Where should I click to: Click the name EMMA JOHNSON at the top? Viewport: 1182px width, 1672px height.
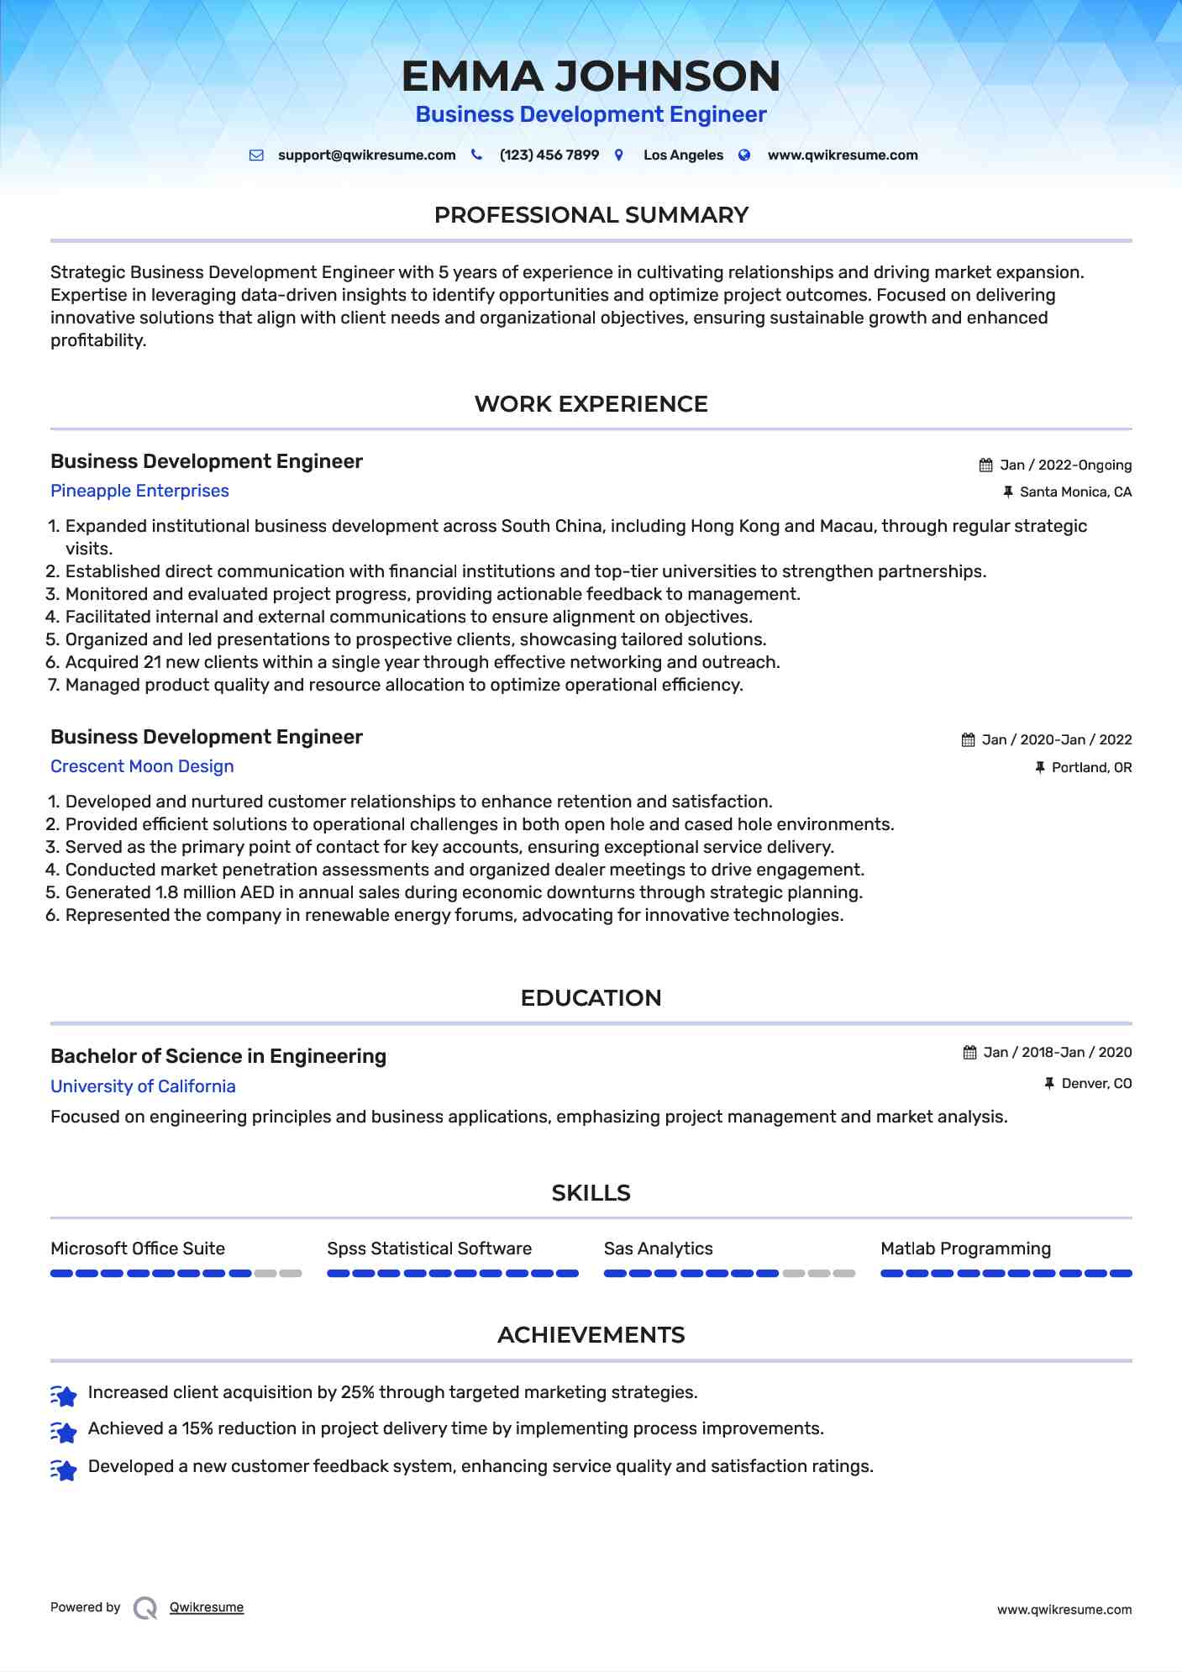(591, 76)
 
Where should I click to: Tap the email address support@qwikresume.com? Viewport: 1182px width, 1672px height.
(366, 155)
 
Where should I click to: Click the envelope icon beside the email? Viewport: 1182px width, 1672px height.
(257, 155)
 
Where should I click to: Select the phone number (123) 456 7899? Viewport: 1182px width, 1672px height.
(549, 155)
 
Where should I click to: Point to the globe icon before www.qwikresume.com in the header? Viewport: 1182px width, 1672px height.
(744, 155)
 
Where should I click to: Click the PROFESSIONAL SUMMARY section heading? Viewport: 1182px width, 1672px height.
(591, 215)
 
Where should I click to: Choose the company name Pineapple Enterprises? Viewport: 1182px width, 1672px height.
(139, 491)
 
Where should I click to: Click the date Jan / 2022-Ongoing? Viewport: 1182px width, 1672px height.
(1065, 465)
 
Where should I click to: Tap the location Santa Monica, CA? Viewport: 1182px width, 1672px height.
(1075, 492)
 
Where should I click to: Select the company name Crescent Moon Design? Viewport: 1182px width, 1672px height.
(142, 766)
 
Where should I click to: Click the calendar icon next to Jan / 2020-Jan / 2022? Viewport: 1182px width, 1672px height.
(968, 740)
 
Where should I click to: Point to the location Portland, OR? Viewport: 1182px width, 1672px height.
(1091, 768)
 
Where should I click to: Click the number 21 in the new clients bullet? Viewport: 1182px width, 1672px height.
(152, 662)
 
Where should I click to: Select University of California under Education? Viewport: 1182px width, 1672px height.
(143, 1086)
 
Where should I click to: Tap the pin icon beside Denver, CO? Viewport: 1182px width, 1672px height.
(1049, 1084)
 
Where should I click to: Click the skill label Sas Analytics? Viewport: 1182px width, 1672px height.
(658, 1249)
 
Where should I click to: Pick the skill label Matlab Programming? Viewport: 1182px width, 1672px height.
(965, 1249)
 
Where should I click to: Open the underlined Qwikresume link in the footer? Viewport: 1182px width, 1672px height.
(207, 1607)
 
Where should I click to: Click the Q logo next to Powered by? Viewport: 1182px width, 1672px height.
(145, 1608)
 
